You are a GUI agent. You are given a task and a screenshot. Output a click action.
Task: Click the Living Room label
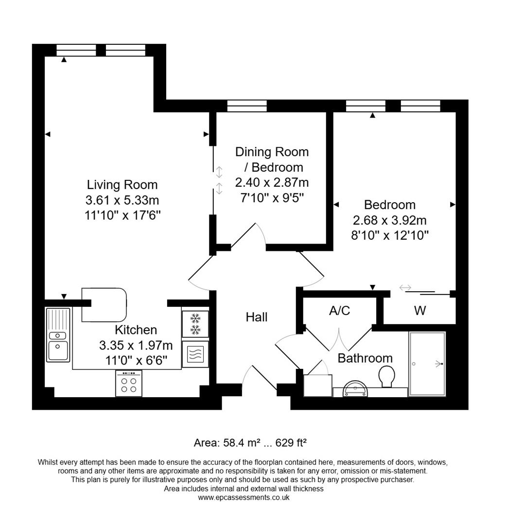click(122, 185)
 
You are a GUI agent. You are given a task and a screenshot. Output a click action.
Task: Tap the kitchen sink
click(58, 335)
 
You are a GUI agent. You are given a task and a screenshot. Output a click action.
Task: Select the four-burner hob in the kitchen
click(129, 384)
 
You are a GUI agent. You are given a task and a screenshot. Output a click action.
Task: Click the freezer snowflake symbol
click(195, 324)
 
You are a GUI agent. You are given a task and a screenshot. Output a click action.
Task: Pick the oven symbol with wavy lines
click(195, 354)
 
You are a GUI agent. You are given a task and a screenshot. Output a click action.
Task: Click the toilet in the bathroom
click(387, 376)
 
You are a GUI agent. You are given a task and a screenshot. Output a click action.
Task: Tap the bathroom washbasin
click(357, 389)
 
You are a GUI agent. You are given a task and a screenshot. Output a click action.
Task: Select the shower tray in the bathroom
click(427, 364)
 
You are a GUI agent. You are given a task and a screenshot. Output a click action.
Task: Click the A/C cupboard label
click(339, 311)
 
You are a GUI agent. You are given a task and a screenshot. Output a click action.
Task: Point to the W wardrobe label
click(420, 311)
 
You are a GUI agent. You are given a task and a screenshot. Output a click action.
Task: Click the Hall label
click(256, 317)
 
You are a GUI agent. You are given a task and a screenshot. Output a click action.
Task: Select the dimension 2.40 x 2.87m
click(272, 183)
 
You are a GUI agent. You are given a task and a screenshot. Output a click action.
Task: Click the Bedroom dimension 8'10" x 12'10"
click(390, 236)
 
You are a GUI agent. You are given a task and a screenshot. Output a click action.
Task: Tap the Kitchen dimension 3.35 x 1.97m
click(136, 346)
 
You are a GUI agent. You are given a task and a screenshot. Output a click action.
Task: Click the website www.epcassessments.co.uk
click(244, 497)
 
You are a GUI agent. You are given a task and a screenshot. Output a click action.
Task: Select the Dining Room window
click(247, 106)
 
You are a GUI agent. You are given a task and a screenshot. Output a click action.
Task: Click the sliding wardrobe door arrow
click(405, 288)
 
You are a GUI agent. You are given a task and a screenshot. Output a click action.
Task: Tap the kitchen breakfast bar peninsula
click(104, 305)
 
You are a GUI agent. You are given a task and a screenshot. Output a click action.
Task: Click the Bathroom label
click(365, 358)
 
